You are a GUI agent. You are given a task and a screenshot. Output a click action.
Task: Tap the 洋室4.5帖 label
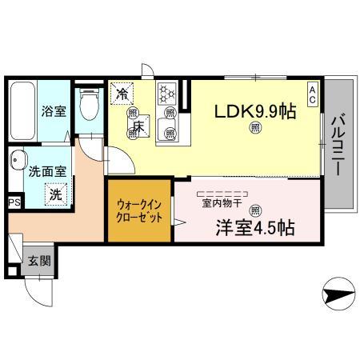click(254, 227)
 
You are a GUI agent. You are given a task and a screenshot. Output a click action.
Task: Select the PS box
click(14, 203)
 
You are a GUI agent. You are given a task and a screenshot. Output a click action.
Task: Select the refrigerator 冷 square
click(122, 94)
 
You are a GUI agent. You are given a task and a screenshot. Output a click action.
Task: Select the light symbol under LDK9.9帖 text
click(255, 128)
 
